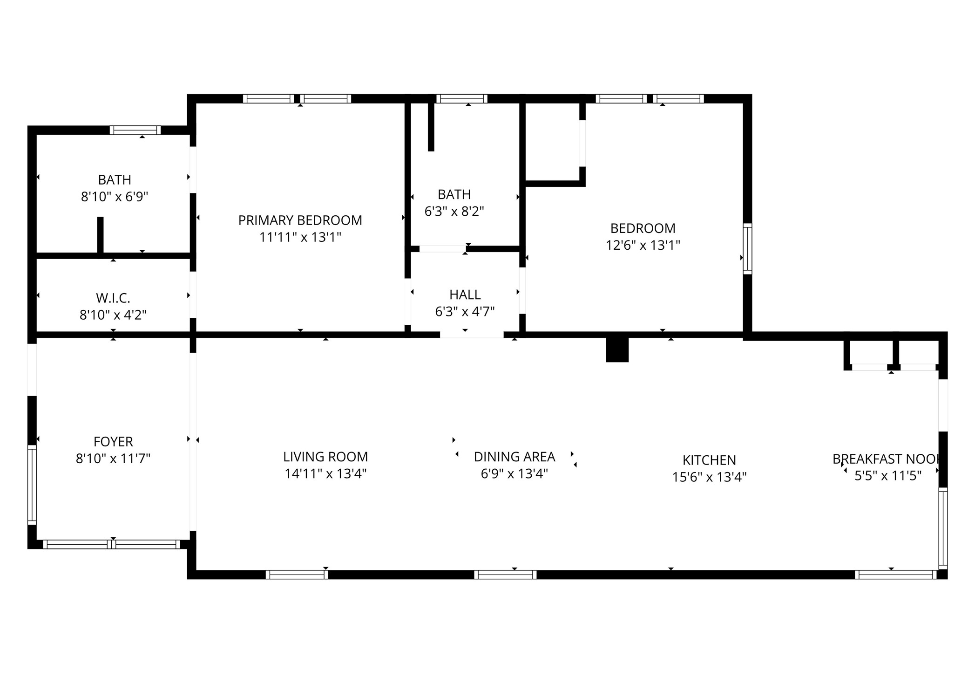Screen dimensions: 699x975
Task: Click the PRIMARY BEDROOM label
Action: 300,220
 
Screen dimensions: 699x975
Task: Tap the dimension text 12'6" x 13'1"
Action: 643,245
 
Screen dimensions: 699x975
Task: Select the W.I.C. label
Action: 113,298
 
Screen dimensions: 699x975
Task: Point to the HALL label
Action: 465,295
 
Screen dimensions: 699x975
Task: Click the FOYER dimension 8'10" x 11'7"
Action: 113,459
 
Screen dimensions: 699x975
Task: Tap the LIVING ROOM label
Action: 325,457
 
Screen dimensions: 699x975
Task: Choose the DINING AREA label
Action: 514,457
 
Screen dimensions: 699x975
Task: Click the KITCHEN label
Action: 709,460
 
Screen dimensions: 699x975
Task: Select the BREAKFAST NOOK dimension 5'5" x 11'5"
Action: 887,476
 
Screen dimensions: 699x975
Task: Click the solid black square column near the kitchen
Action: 617,349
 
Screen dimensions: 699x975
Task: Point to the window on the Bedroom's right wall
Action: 747,248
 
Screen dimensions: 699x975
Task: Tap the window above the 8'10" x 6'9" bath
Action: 135,130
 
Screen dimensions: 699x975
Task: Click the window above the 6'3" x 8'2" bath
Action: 461,98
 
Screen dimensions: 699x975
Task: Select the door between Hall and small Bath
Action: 442,249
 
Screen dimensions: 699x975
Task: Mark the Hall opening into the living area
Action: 471,334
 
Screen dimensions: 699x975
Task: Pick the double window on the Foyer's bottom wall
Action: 111,544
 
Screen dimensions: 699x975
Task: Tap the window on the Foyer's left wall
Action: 32,484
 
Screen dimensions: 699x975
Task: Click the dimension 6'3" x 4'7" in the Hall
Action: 465,311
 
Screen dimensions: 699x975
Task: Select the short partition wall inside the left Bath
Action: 100,235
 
